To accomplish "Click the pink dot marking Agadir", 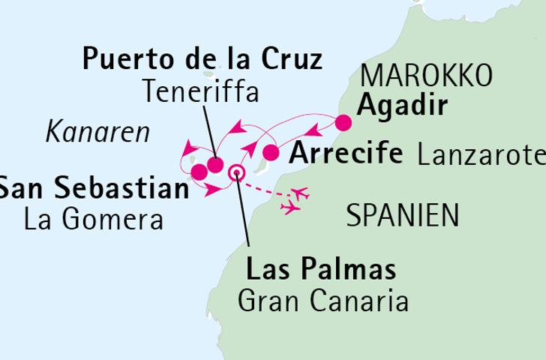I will click(343, 123).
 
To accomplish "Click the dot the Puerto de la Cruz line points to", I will click(215, 165).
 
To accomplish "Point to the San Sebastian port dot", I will click(199, 173).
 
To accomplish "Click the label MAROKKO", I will click(426, 76).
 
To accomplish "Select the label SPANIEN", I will click(403, 217).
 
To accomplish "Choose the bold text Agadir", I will click(403, 106).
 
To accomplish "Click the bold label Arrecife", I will click(345, 154).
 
